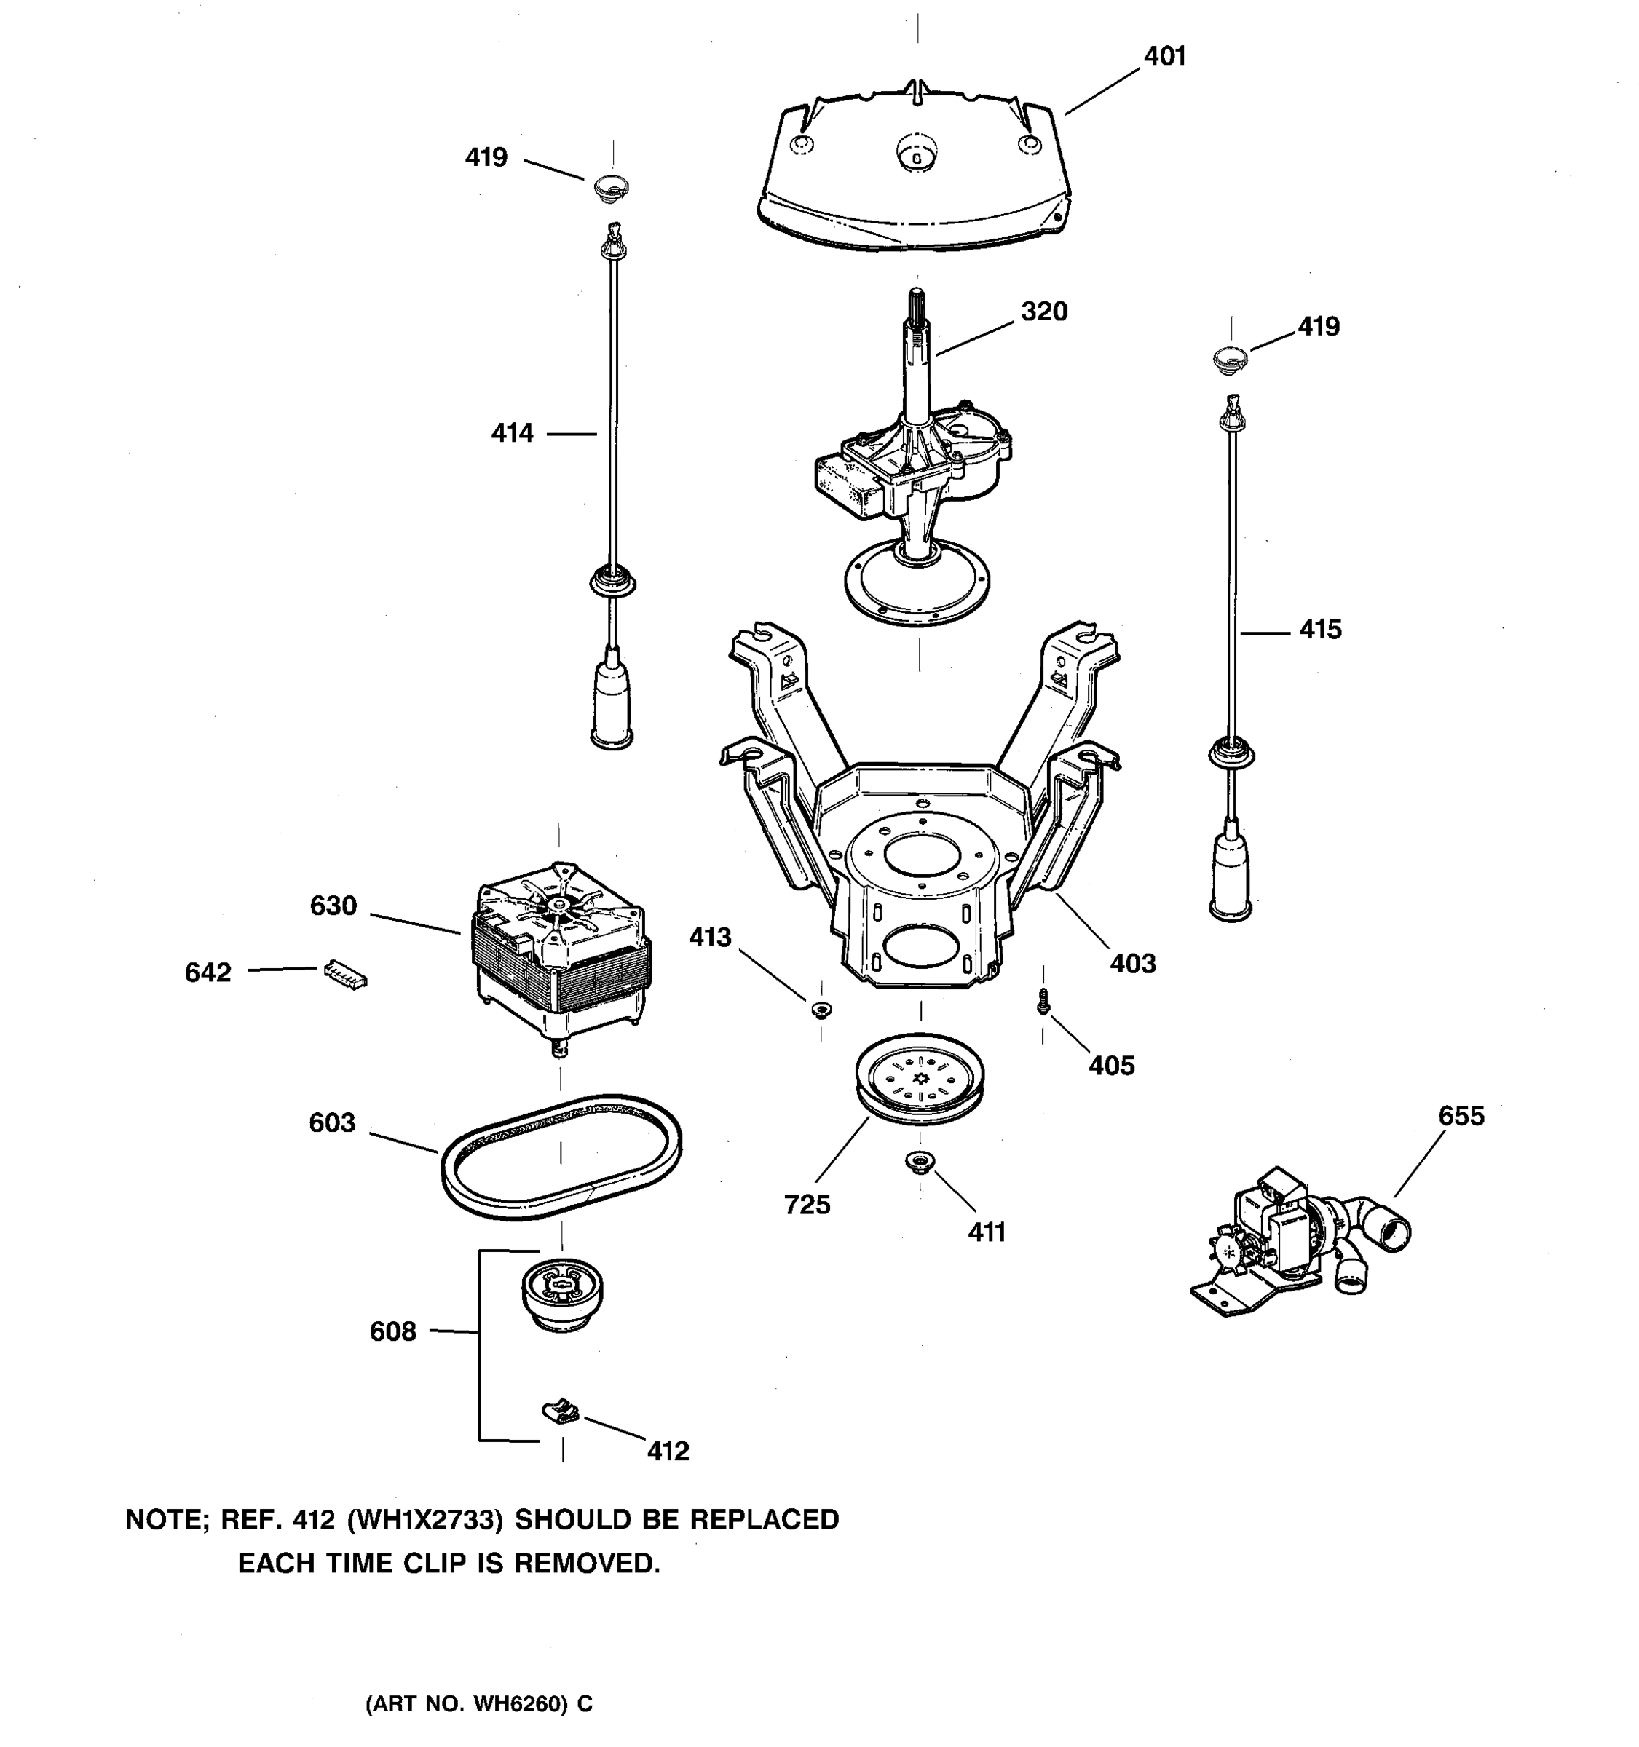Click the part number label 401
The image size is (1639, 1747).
(x=1164, y=56)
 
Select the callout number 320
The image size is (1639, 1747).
(x=1043, y=312)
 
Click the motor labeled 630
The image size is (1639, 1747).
(x=562, y=949)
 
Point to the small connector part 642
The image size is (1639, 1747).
(x=345, y=972)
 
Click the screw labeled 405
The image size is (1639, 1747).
(x=1043, y=1001)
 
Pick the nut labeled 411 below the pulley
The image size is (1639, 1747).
(x=919, y=1162)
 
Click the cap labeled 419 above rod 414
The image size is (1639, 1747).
(x=612, y=186)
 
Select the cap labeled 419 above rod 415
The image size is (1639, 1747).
(x=1231, y=357)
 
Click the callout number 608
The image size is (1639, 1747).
(x=393, y=1331)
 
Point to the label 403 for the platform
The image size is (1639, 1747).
(x=1132, y=964)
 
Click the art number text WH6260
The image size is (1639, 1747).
(x=518, y=1704)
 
